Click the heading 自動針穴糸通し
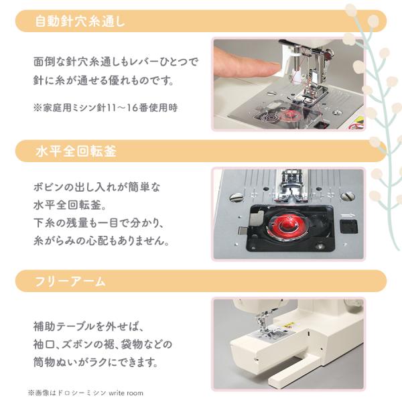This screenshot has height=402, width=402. tap(80, 21)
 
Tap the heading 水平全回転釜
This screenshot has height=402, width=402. tap(76, 151)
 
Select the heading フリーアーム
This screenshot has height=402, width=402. tap(70, 281)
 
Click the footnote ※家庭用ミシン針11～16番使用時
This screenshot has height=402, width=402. tap(105, 108)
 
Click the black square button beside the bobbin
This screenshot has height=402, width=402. tap(348, 226)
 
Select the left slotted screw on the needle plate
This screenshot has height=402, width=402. tap(237, 197)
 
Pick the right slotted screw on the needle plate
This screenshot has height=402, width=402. tap(348, 196)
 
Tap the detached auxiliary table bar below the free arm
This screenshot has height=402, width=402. tap(294, 370)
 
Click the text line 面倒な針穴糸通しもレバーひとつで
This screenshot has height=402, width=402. tap(116, 62)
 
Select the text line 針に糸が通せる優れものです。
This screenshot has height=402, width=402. tap(104, 80)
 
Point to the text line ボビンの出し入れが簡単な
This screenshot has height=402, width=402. tap(96, 187)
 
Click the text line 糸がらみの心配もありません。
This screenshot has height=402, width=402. tap(102, 241)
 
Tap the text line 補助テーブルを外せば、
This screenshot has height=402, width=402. tap(88, 326)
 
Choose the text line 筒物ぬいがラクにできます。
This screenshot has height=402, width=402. tap(96, 362)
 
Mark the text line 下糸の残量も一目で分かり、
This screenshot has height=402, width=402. tap(98, 222)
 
